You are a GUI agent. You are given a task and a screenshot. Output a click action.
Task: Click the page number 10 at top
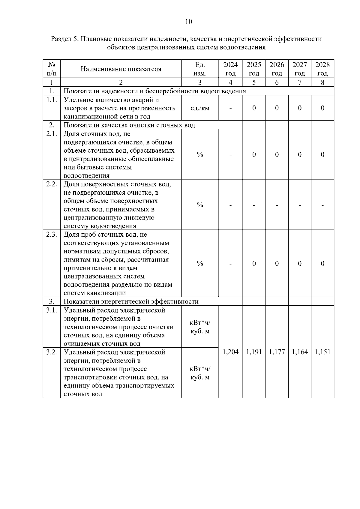189,22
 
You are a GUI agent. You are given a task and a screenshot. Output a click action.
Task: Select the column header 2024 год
230,69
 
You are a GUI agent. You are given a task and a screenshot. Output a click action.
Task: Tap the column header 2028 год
322,69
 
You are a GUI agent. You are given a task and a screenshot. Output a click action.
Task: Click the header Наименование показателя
121,69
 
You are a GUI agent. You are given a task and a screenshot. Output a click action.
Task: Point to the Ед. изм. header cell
200,69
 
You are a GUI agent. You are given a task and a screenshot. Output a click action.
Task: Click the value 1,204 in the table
230,352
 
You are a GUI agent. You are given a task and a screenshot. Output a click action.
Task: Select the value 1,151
322,352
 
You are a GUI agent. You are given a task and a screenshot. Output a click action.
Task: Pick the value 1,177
277,352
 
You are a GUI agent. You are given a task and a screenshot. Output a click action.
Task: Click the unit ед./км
200,108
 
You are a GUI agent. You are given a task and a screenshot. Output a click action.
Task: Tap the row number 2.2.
52,184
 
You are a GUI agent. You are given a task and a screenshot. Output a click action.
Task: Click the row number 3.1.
52,310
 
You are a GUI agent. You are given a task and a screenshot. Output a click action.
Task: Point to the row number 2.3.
52,235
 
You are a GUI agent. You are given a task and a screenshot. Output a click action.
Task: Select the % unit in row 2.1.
200,155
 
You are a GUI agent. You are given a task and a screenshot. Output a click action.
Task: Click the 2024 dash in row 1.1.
230,108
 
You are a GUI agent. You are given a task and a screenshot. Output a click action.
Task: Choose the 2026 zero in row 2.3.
277,264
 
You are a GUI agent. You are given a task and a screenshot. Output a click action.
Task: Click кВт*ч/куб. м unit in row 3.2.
200,373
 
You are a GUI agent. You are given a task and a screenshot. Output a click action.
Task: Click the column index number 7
300,82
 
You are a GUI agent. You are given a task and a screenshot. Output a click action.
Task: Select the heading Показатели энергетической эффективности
131,301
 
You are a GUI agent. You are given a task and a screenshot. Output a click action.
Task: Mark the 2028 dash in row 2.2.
322,205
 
